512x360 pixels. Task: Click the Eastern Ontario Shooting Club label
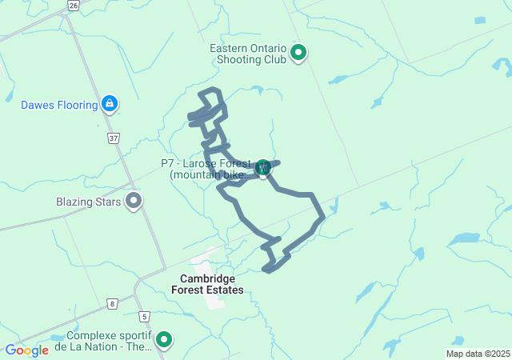coord(248,54)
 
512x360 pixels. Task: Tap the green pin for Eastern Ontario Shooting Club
coord(298,54)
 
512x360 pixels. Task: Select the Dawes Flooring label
coord(58,104)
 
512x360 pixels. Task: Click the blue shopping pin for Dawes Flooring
coord(110,104)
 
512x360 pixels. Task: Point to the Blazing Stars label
coord(89,202)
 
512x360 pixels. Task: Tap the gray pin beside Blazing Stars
coord(134,201)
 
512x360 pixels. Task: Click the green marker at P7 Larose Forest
coord(262,168)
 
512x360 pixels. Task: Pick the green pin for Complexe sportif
coord(164,341)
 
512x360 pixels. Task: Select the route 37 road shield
coord(114,138)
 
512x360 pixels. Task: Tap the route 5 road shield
coord(144,318)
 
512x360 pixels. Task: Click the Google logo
coord(26,350)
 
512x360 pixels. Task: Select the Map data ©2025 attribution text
coord(478,354)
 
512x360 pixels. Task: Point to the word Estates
coord(226,290)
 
